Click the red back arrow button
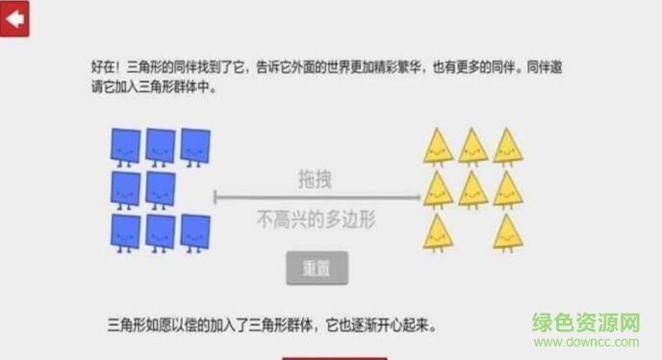point(15,18)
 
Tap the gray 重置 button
point(317,269)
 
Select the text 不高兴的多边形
point(316,219)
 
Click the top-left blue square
point(125,145)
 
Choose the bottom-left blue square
point(125,232)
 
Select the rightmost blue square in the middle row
point(160,189)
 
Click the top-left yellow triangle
point(438,146)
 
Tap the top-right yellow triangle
point(507,146)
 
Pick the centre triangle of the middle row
point(471,189)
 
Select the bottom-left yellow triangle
point(438,231)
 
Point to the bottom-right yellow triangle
point(507,231)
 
